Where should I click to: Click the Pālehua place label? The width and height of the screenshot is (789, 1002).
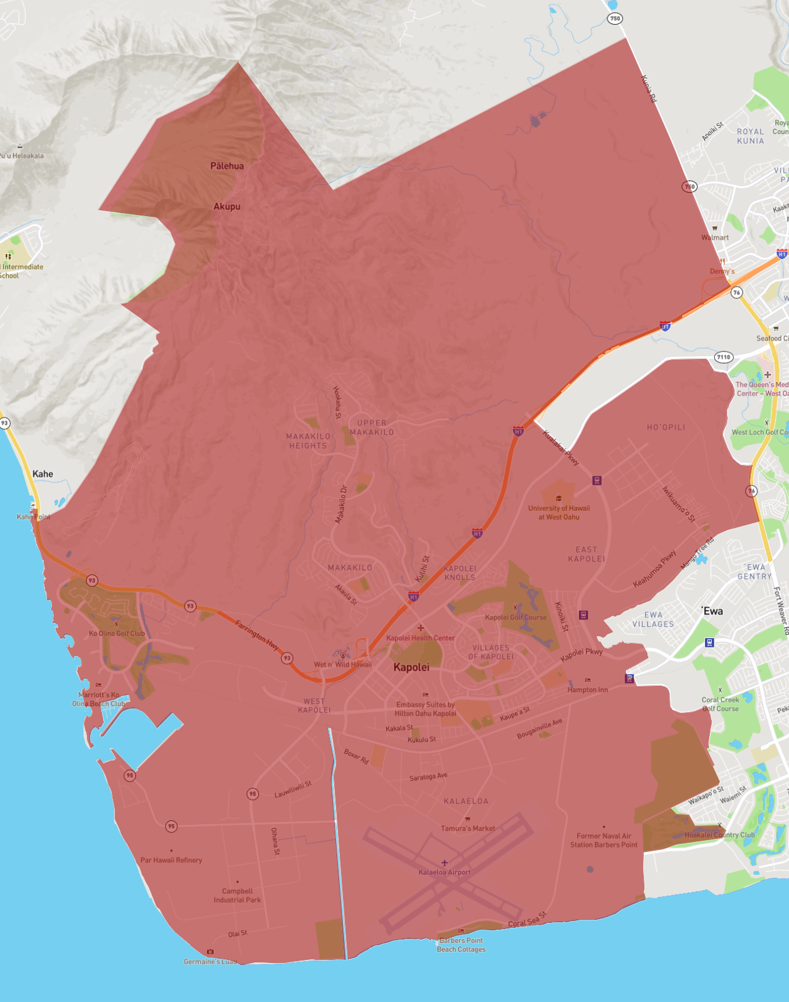[x=227, y=166]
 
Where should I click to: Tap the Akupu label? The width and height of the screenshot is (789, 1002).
[x=227, y=206]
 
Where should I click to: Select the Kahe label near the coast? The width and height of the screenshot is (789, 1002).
[x=43, y=474]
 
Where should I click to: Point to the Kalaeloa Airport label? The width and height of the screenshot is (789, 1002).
[x=444, y=872]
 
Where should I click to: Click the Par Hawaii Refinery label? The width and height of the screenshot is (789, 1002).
[x=171, y=860]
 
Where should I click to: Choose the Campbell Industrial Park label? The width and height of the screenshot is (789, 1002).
[x=237, y=895]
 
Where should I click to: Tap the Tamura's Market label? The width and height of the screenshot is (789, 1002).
[x=468, y=828]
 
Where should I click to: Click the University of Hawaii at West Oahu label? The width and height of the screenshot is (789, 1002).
[x=559, y=513]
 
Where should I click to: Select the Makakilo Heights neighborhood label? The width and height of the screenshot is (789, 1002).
[x=308, y=441]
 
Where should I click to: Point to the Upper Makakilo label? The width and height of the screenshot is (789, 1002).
[x=372, y=427]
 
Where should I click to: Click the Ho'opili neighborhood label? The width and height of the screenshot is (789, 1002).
[x=665, y=427]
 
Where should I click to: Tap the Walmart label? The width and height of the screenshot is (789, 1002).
[x=715, y=237]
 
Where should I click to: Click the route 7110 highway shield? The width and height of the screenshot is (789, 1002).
[x=724, y=356]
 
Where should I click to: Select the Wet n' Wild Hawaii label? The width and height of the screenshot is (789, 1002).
[x=343, y=665]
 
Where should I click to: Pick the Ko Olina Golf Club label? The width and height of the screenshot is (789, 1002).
[x=117, y=633]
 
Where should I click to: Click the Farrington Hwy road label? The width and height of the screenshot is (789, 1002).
[x=256, y=635]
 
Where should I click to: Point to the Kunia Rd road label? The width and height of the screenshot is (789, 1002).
[x=649, y=89]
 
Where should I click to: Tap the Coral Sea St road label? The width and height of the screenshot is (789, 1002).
[x=527, y=920]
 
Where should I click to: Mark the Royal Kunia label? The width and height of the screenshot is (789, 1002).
[x=750, y=136]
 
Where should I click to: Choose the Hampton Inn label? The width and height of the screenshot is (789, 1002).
[x=588, y=689]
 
